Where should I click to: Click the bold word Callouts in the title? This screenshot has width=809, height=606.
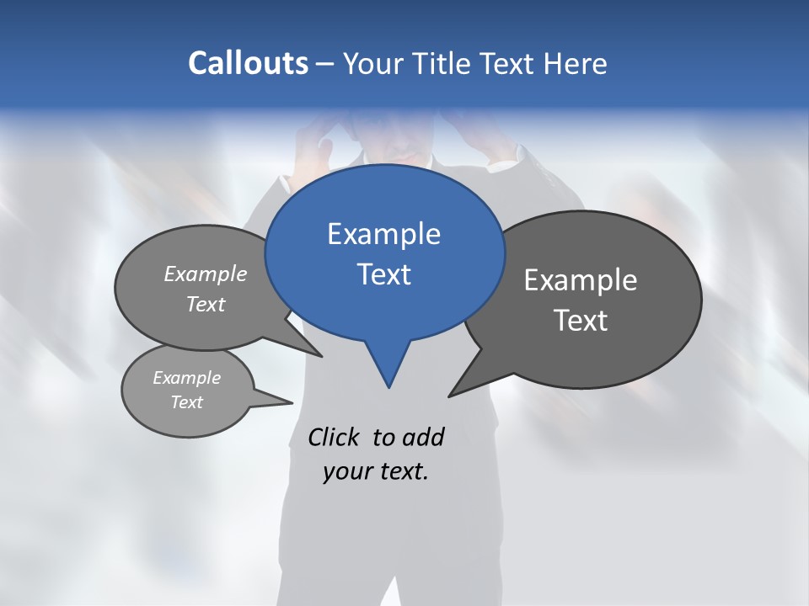coord(248,63)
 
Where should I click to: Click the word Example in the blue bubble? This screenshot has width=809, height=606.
coord(383,233)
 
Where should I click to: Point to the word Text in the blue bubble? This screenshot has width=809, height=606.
coord(383,274)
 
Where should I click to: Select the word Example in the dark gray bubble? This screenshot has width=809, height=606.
coord(580,280)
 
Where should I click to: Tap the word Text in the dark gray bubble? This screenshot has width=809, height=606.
coord(580,321)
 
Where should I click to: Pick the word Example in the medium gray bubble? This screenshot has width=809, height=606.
coord(206,274)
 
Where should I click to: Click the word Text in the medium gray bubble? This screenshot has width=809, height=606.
coord(206,304)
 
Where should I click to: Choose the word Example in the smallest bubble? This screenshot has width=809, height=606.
coord(186,378)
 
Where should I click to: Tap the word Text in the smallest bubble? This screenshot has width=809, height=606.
coord(186,402)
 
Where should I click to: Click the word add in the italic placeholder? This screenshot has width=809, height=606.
coord(424,437)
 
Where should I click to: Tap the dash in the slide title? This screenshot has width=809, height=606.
coord(326,64)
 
